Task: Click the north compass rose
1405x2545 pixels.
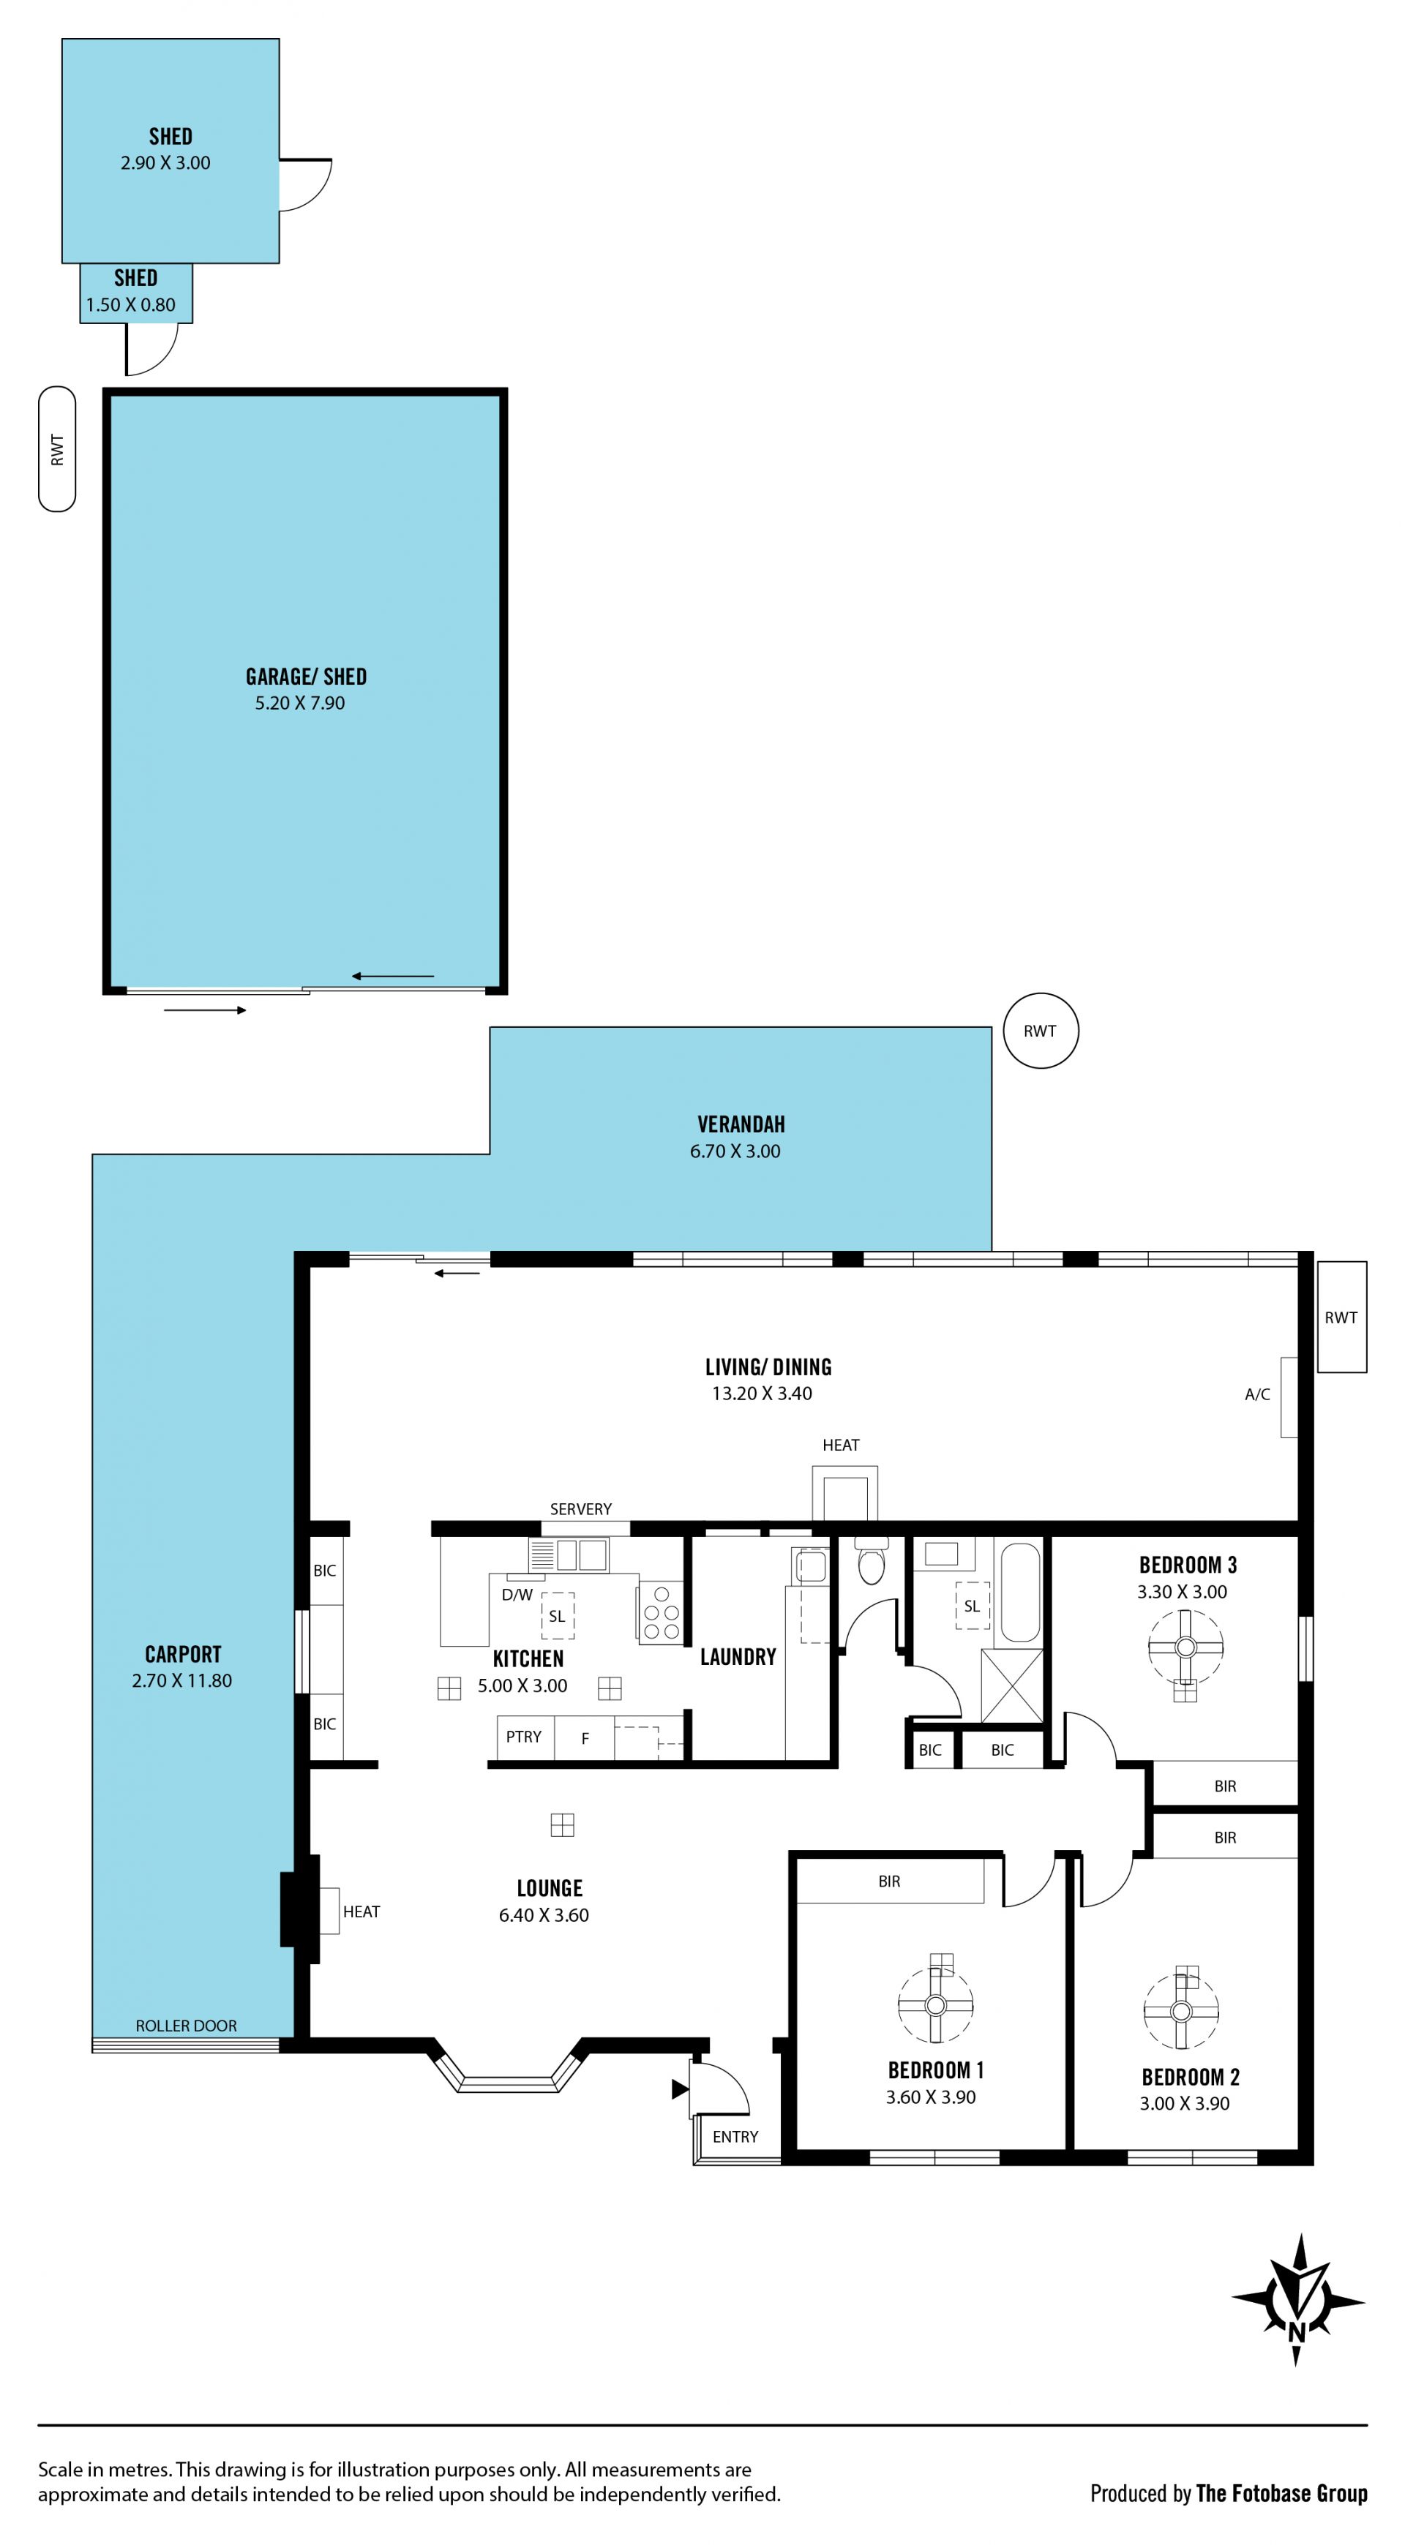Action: click(x=1298, y=2299)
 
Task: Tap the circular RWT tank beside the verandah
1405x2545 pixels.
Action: click(x=1041, y=1031)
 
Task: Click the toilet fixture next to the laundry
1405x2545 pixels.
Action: click(x=871, y=1562)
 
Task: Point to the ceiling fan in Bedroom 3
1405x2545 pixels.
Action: click(x=1185, y=1647)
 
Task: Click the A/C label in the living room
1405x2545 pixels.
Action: click(x=1256, y=1394)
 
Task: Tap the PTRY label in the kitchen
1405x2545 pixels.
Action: click(x=524, y=1737)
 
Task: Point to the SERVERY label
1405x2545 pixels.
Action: click(x=581, y=1508)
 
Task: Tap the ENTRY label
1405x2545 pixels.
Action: click(x=735, y=2136)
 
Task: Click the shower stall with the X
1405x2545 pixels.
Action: click(x=1012, y=1685)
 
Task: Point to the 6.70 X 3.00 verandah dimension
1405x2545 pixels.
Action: click(x=735, y=1151)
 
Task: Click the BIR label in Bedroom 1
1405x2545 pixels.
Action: click(x=889, y=1881)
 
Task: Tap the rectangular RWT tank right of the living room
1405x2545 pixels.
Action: click(x=1342, y=1317)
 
